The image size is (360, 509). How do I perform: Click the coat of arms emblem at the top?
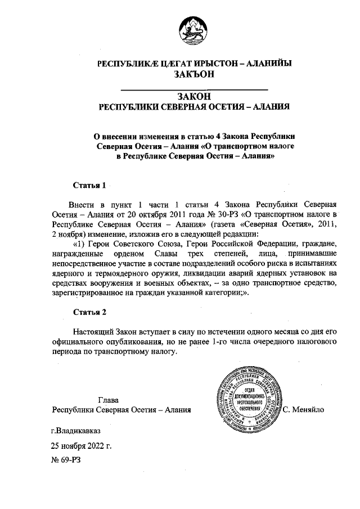pyautogui.click(x=194, y=31)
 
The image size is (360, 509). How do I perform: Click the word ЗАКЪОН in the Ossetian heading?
pyautogui.click(x=194, y=75)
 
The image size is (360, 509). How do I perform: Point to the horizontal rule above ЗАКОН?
pyautogui.click(x=194, y=89)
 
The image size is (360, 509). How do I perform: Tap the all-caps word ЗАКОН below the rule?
pyautogui.click(x=194, y=97)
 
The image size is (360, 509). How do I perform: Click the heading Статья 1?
pyautogui.click(x=90, y=185)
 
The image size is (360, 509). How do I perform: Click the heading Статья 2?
pyautogui.click(x=90, y=311)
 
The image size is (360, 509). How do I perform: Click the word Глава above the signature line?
pyautogui.click(x=108, y=400)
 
